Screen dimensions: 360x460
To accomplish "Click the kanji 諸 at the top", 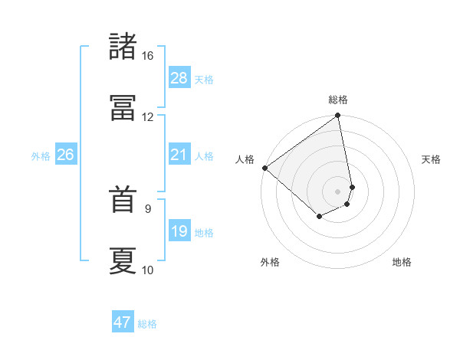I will coord(123,47).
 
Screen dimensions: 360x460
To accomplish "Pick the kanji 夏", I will coord(123,261).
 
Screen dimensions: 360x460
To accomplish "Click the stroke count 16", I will coord(147,56).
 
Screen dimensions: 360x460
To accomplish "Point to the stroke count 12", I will coord(147,117).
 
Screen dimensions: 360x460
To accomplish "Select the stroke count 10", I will coord(147,270).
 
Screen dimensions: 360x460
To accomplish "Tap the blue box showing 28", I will coord(179,78).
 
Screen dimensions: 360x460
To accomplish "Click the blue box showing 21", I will coord(179,155).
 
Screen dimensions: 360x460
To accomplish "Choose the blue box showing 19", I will coord(179,231).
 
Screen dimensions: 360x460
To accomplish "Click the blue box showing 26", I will coord(66,155).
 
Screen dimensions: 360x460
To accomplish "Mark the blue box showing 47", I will coord(123,322).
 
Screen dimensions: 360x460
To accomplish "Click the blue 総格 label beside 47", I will coord(147,324).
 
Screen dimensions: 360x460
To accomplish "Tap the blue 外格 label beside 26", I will coord(41,156).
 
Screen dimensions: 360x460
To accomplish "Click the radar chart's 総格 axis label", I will coord(338,100).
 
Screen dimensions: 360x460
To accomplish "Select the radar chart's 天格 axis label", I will coord(431,159).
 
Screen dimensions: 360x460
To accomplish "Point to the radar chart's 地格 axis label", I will coord(402,262).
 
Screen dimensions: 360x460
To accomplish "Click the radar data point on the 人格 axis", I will coord(264,168).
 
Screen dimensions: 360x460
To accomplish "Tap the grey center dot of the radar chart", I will coord(338,191).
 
